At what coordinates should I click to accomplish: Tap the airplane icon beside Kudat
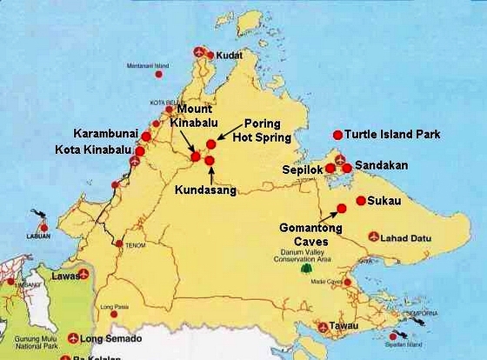(202, 52)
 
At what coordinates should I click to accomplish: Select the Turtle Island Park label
(392, 135)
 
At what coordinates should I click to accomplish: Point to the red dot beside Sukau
(361, 200)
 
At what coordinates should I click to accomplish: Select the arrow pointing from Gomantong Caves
(330, 214)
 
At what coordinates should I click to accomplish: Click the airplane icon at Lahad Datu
(374, 236)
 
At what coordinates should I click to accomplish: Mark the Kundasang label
(205, 190)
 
